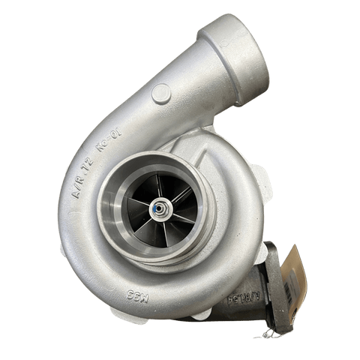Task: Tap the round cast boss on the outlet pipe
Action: [x=161, y=93]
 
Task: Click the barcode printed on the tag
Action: [x=298, y=281]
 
